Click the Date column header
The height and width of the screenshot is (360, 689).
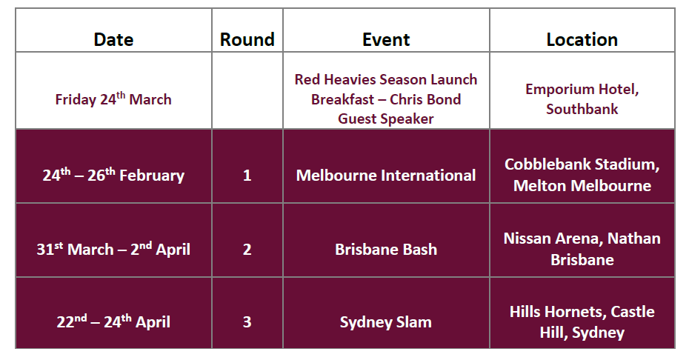tap(113, 39)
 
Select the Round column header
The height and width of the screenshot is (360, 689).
tap(247, 39)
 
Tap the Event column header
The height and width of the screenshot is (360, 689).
tap(386, 39)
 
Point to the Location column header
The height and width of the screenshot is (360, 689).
tap(582, 39)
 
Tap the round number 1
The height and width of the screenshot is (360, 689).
tap(247, 176)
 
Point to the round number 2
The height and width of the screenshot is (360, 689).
tap(247, 249)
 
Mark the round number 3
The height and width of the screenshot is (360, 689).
tap(247, 321)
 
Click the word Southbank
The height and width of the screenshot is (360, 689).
tap(582, 109)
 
